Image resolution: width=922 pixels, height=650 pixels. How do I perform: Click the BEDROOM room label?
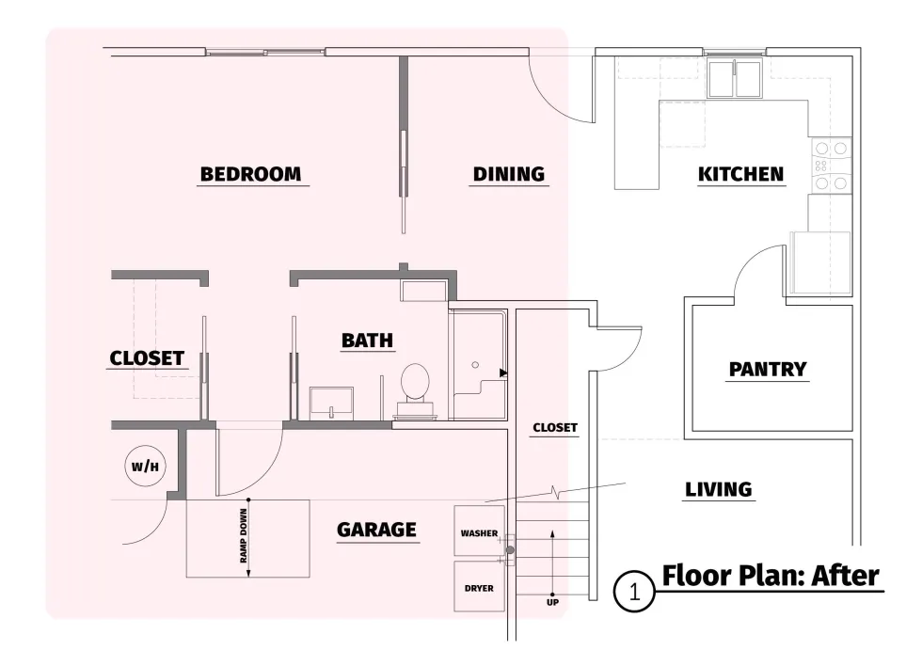point(250,174)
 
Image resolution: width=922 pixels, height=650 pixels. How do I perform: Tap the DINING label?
point(509,174)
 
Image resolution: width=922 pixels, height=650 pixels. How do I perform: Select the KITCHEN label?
point(741,174)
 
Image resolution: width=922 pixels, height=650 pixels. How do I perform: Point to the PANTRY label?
point(768,369)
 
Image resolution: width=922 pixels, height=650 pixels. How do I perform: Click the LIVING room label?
point(719,489)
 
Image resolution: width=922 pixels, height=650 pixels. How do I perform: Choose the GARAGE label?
point(377,530)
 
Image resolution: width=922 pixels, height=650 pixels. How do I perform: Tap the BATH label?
point(368,341)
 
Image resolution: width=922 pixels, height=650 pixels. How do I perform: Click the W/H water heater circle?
point(145,467)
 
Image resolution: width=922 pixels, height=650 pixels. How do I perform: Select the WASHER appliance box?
point(479,531)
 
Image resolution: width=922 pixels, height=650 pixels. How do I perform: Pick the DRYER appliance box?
point(479,587)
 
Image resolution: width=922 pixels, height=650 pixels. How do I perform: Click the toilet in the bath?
point(415,390)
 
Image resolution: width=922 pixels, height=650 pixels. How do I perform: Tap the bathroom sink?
point(331,404)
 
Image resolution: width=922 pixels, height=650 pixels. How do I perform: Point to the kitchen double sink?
point(735,79)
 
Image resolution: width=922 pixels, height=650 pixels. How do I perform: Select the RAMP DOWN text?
point(244,536)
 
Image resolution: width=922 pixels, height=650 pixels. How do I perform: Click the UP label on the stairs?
point(553,602)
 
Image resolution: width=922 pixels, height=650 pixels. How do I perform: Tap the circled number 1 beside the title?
point(634,592)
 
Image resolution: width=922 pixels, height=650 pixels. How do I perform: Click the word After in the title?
point(846,576)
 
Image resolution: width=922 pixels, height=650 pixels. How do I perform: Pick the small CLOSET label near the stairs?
point(555,428)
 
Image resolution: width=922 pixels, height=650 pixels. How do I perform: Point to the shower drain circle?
point(475,365)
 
